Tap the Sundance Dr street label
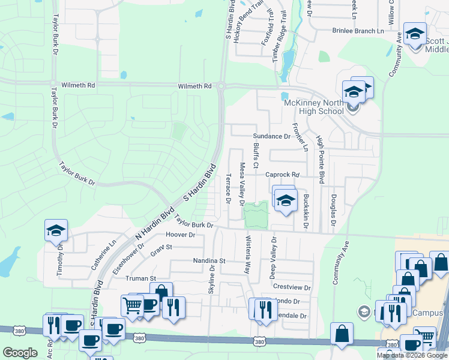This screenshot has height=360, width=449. point(271,136)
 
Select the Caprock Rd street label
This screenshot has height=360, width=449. point(283,175)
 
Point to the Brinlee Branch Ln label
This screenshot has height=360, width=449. point(358,31)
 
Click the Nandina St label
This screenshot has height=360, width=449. point(208,261)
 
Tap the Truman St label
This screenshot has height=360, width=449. point(140,278)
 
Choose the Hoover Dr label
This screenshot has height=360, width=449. point(180,235)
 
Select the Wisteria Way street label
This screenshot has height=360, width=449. point(247,254)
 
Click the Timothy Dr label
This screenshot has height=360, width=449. point(60,262)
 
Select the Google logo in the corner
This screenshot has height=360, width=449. point(20,353)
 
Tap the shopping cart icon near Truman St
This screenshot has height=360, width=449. point(132,305)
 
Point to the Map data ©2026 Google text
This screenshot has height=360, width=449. point(412,355)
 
